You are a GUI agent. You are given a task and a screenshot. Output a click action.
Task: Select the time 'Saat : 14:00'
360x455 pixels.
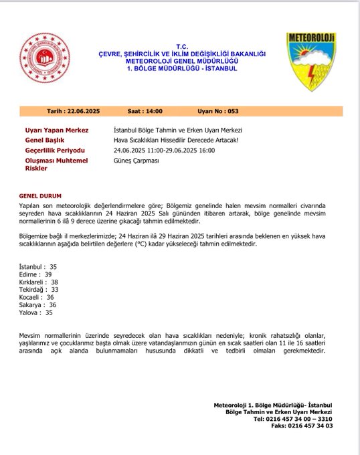click(145, 111)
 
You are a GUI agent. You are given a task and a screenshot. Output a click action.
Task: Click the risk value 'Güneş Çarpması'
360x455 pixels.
click(137, 161)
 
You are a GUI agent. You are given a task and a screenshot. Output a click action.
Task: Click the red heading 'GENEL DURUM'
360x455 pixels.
click(41, 195)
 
